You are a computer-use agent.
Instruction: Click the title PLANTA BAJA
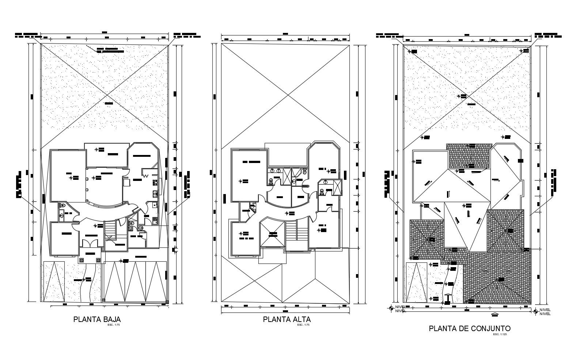[97, 319]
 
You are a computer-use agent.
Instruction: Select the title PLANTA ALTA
[287, 319]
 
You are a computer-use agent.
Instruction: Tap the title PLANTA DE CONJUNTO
[470, 329]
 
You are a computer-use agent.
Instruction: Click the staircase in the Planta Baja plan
[110, 232]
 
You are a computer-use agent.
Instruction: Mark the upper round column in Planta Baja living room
[87, 179]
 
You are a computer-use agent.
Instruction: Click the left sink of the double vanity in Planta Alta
[272, 170]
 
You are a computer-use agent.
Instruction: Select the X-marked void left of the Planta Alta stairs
[272, 235]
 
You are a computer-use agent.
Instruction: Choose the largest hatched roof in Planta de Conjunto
[497, 278]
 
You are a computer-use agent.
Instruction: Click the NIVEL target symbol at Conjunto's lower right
[535, 311]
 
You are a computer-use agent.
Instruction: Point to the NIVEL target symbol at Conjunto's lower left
[391, 308]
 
